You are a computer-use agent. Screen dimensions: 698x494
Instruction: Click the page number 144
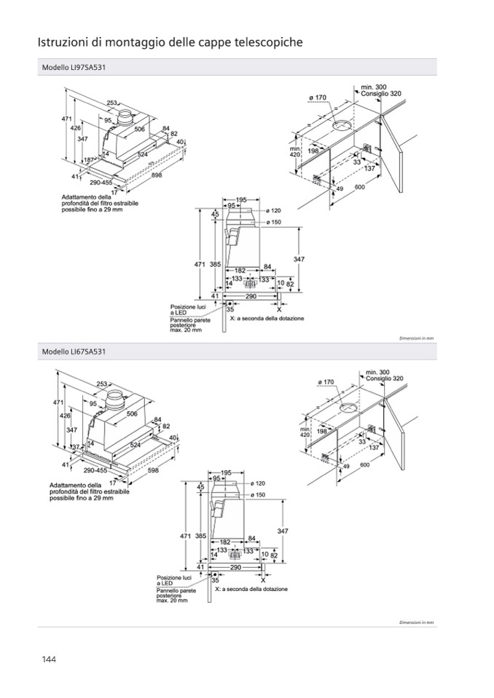[49, 659]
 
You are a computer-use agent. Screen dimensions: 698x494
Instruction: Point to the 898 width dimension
[157, 175]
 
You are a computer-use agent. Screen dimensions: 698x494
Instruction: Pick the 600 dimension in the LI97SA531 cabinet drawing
[360, 187]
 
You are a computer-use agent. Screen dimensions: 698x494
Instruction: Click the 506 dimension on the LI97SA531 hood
[140, 129]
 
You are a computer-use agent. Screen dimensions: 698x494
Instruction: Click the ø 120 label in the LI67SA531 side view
[256, 483]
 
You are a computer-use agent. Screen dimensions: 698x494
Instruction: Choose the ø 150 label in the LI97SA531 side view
[273, 221]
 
